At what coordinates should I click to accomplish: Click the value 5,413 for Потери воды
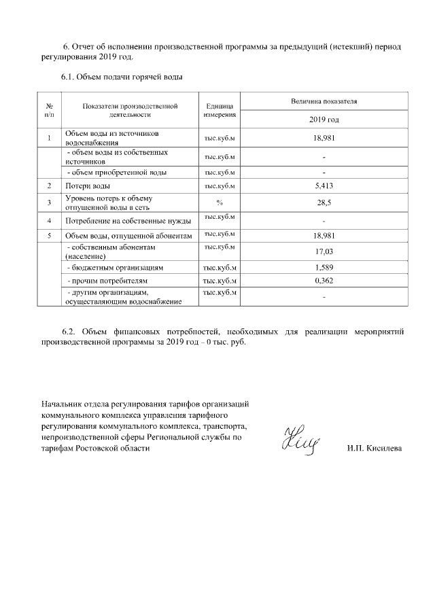click(x=324, y=186)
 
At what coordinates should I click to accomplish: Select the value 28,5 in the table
click(x=324, y=203)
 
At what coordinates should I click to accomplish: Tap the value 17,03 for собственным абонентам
click(x=324, y=251)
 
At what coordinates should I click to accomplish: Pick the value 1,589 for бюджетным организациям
click(x=324, y=268)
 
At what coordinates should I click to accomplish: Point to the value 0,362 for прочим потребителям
click(x=324, y=280)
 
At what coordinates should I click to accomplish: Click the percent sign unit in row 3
click(x=220, y=203)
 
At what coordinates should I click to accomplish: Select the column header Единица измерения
click(x=220, y=111)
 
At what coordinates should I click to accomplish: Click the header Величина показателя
click(x=324, y=101)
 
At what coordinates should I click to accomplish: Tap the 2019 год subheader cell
click(x=324, y=120)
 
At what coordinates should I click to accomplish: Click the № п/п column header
click(x=50, y=111)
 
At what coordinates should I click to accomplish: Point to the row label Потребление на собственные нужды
click(x=128, y=221)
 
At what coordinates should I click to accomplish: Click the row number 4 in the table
click(x=50, y=221)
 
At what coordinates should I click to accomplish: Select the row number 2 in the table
click(x=50, y=186)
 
